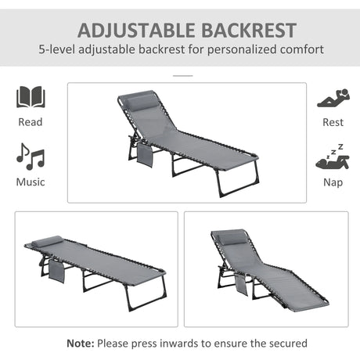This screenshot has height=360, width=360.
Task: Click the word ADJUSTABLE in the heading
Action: coord(128,31)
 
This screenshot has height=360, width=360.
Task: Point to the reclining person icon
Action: coord(332,99)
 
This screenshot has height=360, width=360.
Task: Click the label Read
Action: coord(30,122)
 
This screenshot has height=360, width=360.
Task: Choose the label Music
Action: coord(30,182)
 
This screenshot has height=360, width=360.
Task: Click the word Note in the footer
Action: coord(80,343)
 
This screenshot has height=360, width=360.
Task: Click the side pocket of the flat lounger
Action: coord(56,273)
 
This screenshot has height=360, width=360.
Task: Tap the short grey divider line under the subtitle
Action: coord(182,75)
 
